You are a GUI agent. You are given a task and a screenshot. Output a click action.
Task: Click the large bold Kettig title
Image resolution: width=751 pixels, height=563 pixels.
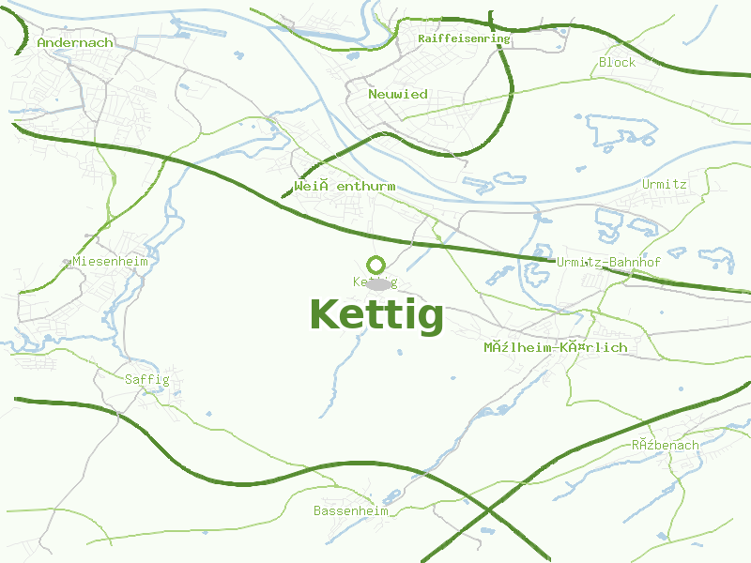click(x=376, y=315)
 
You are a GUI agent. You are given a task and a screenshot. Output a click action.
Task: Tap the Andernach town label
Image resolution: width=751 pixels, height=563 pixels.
click(x=75, y=42)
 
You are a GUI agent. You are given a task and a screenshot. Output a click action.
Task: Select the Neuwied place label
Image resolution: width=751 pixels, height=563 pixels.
click(x=398, y=94)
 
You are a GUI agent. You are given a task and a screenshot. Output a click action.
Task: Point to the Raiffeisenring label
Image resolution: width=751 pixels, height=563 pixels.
click(x=464, y=39)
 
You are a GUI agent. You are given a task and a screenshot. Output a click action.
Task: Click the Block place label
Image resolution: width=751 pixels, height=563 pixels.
click(x=617, y=63)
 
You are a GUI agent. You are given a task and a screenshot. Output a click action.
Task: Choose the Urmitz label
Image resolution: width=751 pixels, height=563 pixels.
click(x=665, y=184)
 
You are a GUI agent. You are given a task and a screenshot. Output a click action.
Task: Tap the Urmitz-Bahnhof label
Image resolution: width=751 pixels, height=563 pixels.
click(x=608, y=262)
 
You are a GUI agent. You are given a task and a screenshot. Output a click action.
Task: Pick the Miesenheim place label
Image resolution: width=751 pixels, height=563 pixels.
click(x=110, y=261)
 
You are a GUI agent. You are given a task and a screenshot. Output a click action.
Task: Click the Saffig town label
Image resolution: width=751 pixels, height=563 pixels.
click(x=146, y=379)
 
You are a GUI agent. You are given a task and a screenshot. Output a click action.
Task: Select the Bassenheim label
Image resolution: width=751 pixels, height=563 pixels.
click(x=351, y=511)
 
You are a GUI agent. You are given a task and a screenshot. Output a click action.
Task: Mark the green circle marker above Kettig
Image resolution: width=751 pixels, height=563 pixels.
click(x=376, y=265)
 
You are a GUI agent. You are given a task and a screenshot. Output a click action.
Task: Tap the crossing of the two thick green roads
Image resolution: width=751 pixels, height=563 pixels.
click(x=491, y=511)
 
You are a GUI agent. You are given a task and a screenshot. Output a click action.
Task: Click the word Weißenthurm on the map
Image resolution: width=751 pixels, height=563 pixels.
click(x=345, y=187)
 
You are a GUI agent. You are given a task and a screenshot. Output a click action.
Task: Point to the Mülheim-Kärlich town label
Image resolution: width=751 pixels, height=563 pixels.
click(x=555, y=347)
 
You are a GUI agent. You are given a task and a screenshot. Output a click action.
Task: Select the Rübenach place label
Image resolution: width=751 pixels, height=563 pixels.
click(x=665, y=445)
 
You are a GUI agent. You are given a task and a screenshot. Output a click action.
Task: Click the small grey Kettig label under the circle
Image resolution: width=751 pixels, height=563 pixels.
click(x=375, y=281)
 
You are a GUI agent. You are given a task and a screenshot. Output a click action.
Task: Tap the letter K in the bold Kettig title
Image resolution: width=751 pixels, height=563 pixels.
click(x=325, y=314)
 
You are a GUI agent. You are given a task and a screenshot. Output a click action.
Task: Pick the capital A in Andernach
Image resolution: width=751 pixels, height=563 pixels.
click(x=42, y=42)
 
